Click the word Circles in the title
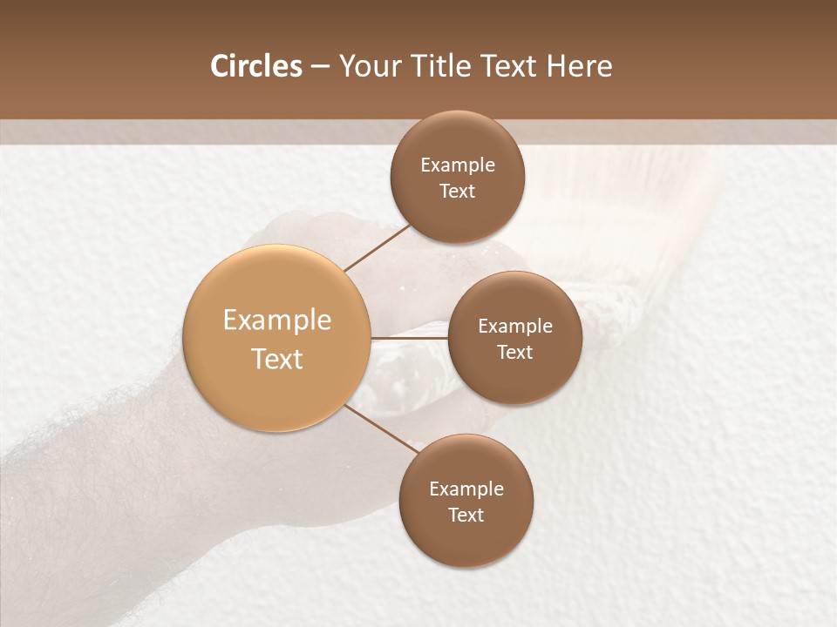click(255, 66)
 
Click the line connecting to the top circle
click(378, 246)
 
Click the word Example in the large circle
click(277, 320)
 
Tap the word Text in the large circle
click(277, 359)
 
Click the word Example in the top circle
click(458, 165)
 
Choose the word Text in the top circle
click(458, 191)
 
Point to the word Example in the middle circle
click(515, 327)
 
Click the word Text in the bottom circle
click(466, 515)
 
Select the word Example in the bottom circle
click(466, 489)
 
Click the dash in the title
click(320, 67)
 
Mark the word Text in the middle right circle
click(515, 352)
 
